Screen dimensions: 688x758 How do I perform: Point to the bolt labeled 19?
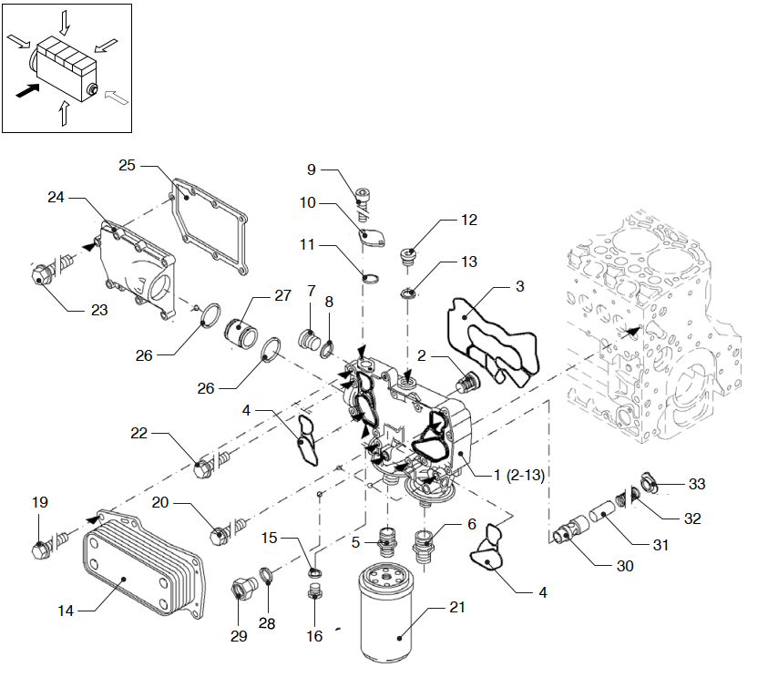(41, 549)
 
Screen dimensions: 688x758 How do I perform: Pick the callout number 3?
(519, 287)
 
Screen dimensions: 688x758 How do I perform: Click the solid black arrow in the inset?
(28, 89)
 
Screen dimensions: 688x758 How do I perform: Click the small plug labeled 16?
(315, 597)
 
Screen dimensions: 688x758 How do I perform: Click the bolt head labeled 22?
(204, 468)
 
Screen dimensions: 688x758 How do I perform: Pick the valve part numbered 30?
(568, 529)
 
